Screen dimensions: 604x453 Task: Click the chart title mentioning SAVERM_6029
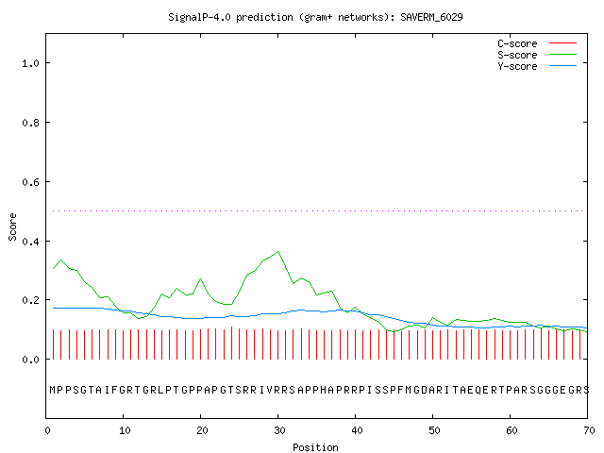315,17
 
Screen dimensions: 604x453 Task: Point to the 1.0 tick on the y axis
30,63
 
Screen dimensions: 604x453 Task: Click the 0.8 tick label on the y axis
30,123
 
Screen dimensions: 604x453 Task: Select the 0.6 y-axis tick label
30,182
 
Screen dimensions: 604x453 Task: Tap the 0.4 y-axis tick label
30,242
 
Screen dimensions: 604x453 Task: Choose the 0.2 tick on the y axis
30,300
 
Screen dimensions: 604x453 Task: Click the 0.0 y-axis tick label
30,360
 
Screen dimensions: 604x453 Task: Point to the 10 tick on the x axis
125,430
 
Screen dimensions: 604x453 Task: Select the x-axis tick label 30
279,430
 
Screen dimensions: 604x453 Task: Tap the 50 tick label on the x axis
434,430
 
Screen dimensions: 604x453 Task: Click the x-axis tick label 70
589,430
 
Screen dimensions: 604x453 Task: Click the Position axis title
315,447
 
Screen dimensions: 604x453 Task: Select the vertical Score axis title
12,227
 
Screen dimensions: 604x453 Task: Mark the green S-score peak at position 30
277,252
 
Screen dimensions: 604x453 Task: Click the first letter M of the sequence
53,390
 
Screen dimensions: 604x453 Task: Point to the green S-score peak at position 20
200,278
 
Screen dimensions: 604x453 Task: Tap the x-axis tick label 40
357,430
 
